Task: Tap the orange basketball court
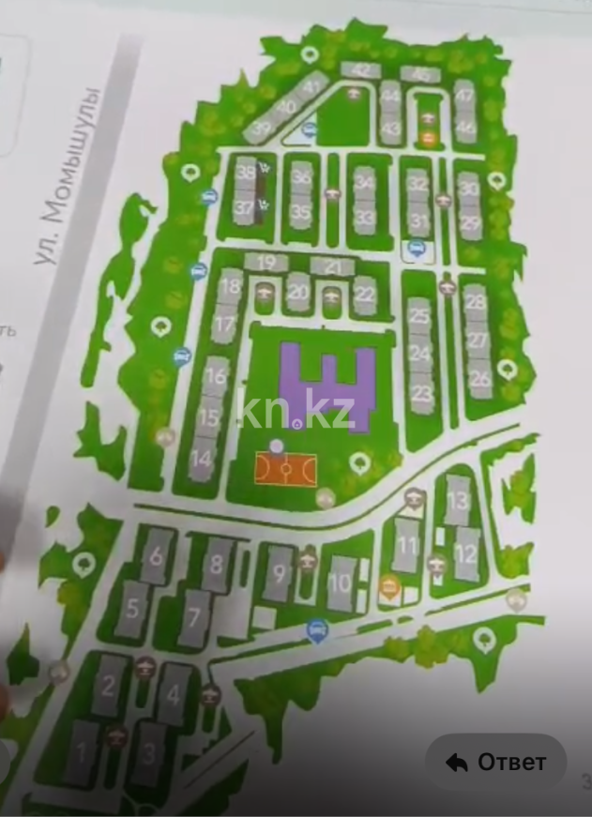tap(287, 469)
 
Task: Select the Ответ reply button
tap(496, 762)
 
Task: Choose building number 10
tap(341, 582)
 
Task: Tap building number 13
tap(458, 499)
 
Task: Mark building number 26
tap(480, 380)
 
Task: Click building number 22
tap(365, 295)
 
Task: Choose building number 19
tap(268, 263)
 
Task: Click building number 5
tap(132, 606)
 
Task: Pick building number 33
tap(365, 218)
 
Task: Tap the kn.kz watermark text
tap(296, 410)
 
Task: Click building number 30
tap(469, 189)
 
